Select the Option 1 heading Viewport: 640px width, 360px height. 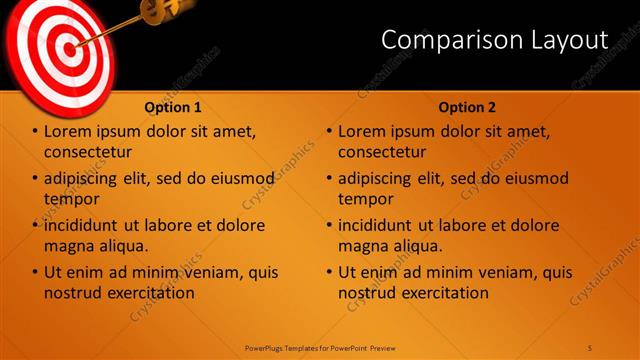click(x=173, y=107)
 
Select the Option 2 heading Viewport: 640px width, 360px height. click(x=466, y=107)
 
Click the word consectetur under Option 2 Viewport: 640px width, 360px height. click(x=382, y=152)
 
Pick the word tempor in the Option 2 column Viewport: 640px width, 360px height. click(x=366, y=198)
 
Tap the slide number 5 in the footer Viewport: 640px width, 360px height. click(x=590, y=347)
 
